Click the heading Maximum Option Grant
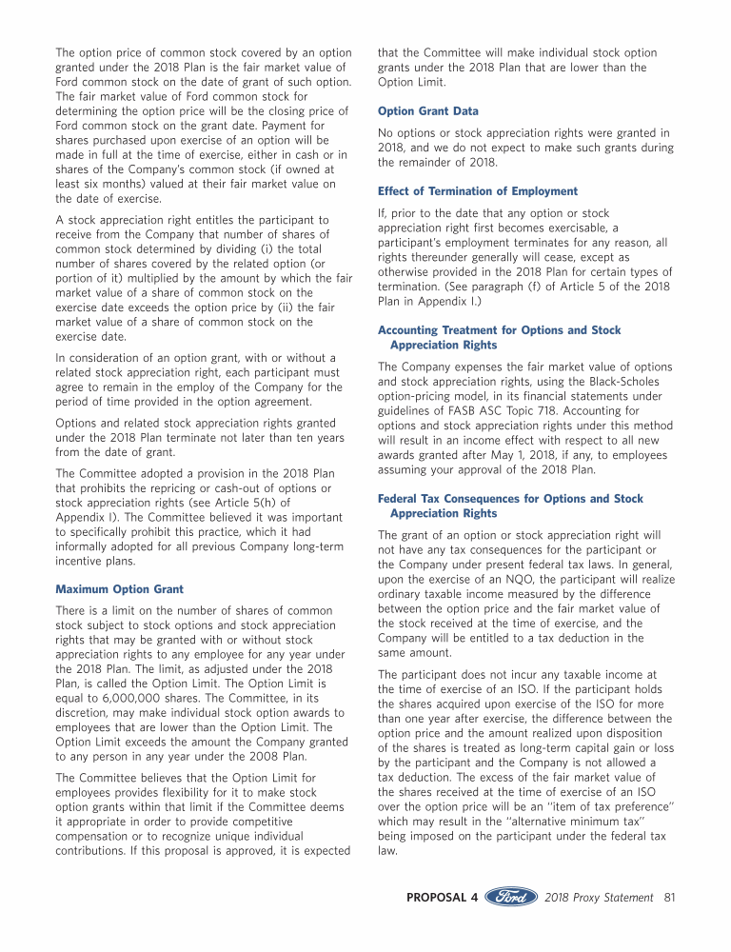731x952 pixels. click(119, 589)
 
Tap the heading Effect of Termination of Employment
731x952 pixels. click(478, 191)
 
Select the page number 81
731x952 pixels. click(670, 898)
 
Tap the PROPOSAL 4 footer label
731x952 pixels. click(443, 898)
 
